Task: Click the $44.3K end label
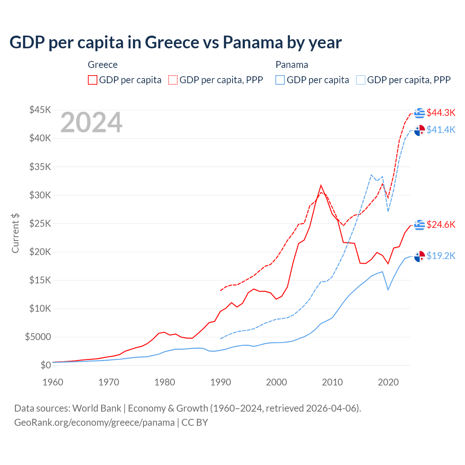click(441, 113)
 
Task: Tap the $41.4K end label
click(441, 130)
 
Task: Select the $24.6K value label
click(441, 225)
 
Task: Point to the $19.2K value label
click(441, 256)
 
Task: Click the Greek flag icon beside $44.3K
click(420, 113)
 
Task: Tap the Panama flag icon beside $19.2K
click(420, 256)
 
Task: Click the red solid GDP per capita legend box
click(93, 80)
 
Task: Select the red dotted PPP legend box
click(173, 80)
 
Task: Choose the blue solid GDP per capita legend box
click(280, 80)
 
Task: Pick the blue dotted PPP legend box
click(361, 80)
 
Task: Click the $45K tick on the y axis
click(40, 110)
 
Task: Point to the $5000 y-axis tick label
click(38, 337)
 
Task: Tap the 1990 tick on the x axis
click(221, 382)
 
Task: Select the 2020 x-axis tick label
click(388, 382)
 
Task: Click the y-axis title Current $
click(15, 233)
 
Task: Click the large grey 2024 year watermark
click(91, 123)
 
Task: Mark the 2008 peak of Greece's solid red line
click(321, 185)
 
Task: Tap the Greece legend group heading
click(103, 65)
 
